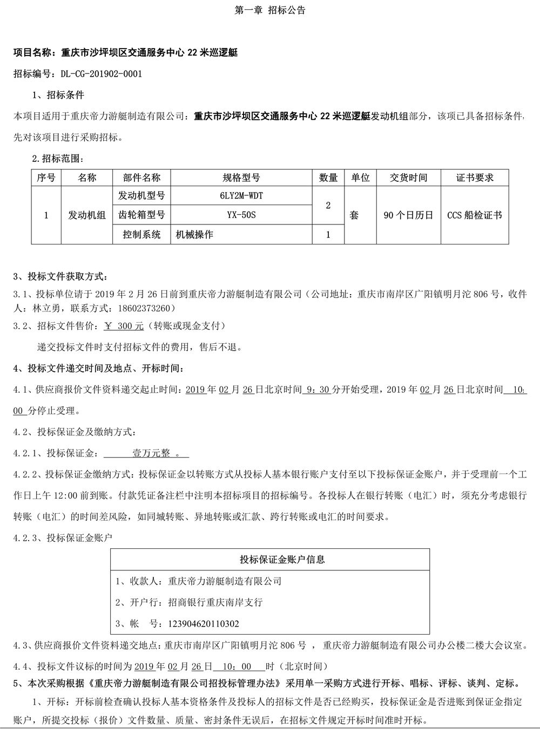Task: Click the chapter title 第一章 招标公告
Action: [271, 10]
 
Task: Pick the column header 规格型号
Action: [241, 178]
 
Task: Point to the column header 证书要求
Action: [475, 178]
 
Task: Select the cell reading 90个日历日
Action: [408, 215]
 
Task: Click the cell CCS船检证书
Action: [475, 215]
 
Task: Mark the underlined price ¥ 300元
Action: [124, 326]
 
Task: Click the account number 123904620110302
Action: [197, 624]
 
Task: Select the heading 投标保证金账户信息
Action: [282, 560]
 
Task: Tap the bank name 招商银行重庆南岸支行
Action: [215, 602]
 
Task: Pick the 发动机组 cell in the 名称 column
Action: [86, 215]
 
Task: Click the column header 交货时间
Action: [408, 178]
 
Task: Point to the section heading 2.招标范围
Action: [58, 159]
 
